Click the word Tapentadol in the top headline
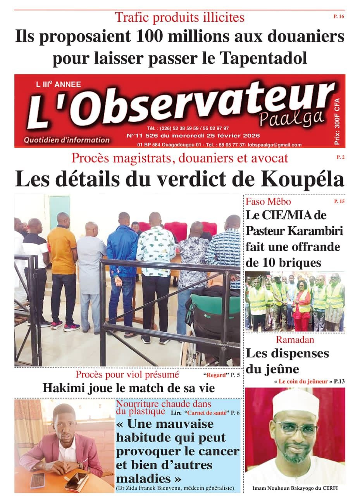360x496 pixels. pyautogui.click(x=265, y=58)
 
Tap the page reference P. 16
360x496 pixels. pyautogui.click(x=338, y=16)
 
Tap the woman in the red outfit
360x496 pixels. pyautogui.click(x=302, y=302)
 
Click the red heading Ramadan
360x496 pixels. pyautogui.click(x=295, y=340)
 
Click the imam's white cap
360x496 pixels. pyautogui.click(x=295, y=403)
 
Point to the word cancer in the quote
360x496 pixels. pyautogui.click(x=217, y=451)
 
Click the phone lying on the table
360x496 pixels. pyautogui.click(x=38, y=480)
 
